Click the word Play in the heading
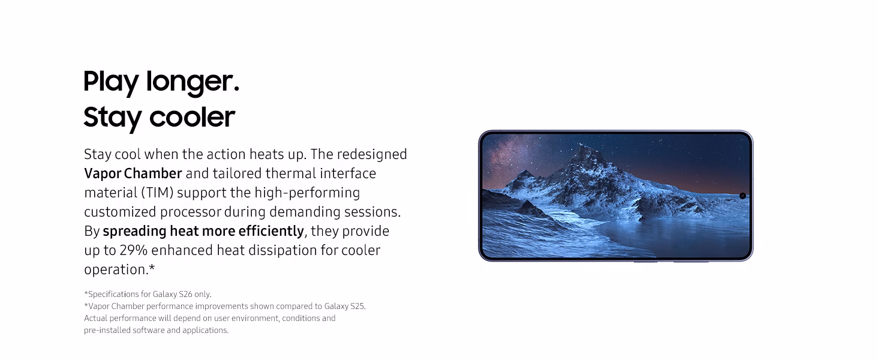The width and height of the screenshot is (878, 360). coord(111,82)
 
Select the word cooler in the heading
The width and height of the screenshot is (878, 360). coord(192,117)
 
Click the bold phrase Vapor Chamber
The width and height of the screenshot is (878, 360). coord(133,173)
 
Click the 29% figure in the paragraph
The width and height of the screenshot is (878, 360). coord(133,250)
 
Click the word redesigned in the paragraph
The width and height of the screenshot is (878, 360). coord(372,154)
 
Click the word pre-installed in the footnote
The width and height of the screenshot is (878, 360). coord(107,330)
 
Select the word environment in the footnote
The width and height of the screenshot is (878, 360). coord(255,318)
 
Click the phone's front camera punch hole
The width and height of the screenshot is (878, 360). coord(742,196)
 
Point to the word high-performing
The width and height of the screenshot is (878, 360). coord(307,193)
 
